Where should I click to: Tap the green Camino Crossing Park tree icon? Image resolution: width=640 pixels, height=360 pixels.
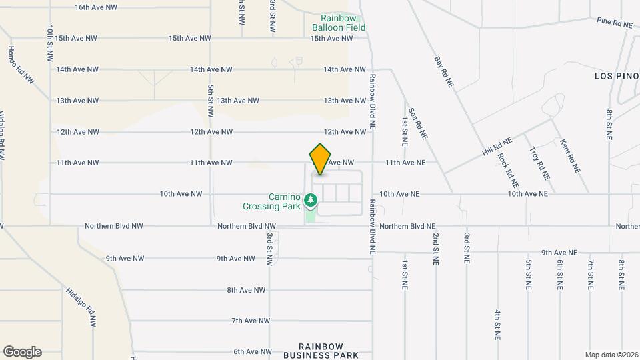tap(310, 200)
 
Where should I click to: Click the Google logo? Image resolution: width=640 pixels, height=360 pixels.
tap(22, 352)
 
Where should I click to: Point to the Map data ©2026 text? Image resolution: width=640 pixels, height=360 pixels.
tap(611, 355)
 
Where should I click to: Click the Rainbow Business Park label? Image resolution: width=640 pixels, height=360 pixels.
tap(330, 351)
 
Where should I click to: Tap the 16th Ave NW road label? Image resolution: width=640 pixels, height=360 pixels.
tap(96, 7)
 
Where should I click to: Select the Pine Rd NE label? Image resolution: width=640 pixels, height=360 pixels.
tap(615, 23)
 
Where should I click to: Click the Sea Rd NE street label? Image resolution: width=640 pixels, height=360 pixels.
tap(417, 123)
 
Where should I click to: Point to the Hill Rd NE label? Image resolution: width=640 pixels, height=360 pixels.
tap(497, 147)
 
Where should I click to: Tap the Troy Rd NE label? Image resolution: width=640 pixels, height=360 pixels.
tap(539, 163)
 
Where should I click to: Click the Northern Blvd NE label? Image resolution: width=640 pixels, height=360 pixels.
tap(407, 227)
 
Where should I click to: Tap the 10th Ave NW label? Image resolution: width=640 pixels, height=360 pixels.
tap(181, 194)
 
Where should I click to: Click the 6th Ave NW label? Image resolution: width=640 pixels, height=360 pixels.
tap(253, 351)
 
